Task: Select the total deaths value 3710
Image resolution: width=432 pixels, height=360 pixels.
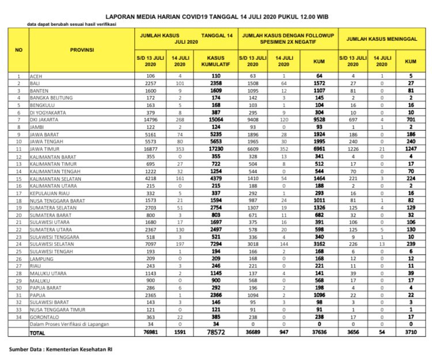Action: click(x=410, y=332)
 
